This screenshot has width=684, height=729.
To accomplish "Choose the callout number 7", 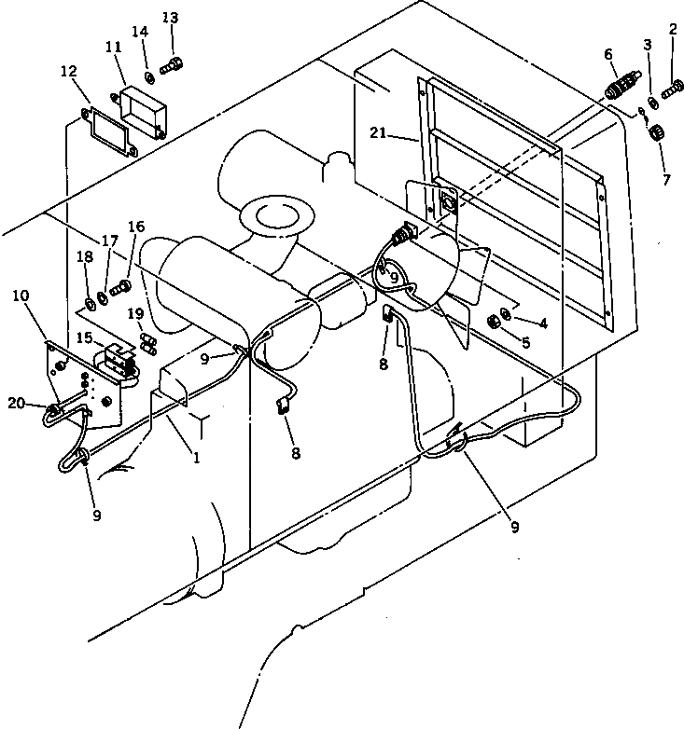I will coord(664,179).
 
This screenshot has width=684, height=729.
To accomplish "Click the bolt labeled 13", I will coord(174,64).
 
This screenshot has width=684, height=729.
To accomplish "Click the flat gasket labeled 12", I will coord(106,131).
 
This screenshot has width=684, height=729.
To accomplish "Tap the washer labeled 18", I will coord(88,303).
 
